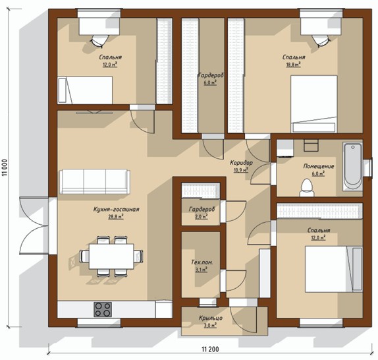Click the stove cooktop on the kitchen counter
coord(103,309)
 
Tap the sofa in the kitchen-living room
coord(95,181)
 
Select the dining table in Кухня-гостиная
coord(111,256)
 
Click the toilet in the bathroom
coord(307,188)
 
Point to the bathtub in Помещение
coord(353,167)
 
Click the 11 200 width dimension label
coord(210,349)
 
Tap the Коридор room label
coord(241,163)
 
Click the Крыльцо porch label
coord(211,318)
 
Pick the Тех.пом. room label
coord(202,262)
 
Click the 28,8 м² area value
coord(116,216)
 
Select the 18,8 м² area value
coord(294,65)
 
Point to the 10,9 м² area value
coord(241,170)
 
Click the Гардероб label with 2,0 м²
coord(202,209)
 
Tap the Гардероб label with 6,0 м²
coord(211,76)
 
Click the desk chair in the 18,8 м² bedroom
coord(321,40)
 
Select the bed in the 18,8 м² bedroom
coord(314,104)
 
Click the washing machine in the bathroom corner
coord(285,148)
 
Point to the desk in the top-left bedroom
coord(99,26)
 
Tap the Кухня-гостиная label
coord(116,209)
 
